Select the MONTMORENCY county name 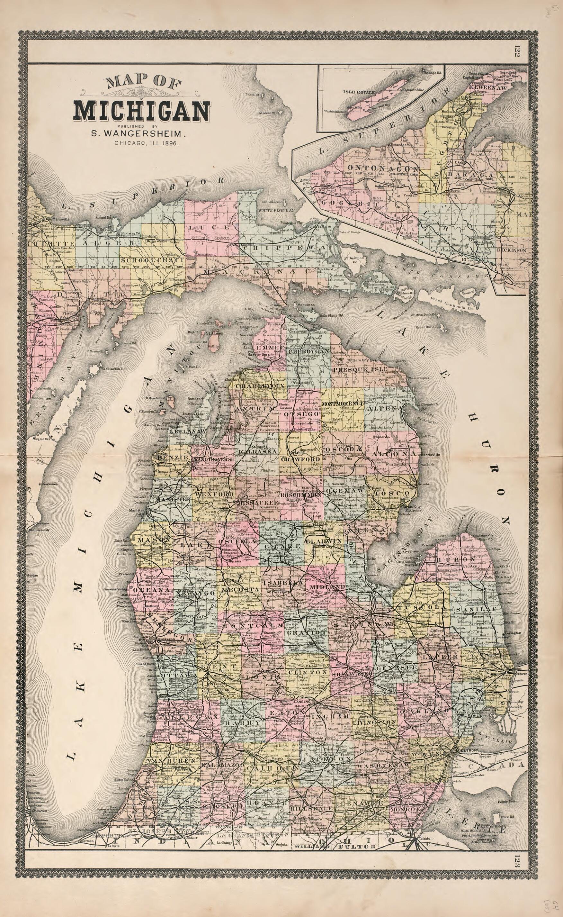343,404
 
